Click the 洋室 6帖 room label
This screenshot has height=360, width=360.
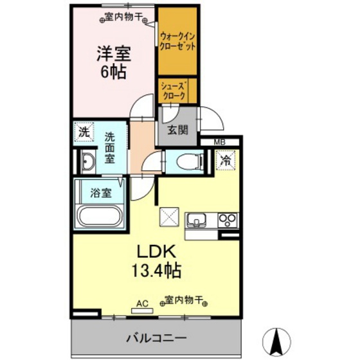(114, 62)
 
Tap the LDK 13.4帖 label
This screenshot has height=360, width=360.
(156, 261)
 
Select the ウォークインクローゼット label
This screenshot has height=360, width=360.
(177, 42)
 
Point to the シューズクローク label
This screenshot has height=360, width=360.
(174, 91)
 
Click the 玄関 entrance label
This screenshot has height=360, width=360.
(178, 130)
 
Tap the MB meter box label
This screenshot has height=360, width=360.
(220, 142)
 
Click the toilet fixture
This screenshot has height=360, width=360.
(190, 161)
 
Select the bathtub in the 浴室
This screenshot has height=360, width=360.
(100, 217)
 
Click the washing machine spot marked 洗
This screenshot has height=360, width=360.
(84, 132)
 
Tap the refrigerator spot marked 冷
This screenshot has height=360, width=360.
(226, 160)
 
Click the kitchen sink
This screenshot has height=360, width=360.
(196, 221)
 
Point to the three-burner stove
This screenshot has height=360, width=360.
(228, 221)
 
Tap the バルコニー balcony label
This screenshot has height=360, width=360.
(156, 338)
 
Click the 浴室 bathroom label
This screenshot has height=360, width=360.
(101, 193)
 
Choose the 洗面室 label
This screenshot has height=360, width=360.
(110, 148)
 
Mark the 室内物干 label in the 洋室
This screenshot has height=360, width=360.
(123, 17)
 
